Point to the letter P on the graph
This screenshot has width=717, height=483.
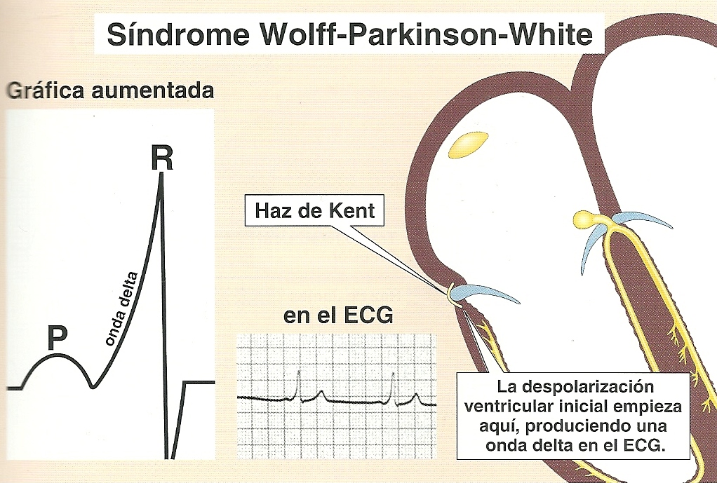[x=57, y=339]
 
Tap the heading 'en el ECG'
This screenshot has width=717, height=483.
[x=338, y=316]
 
